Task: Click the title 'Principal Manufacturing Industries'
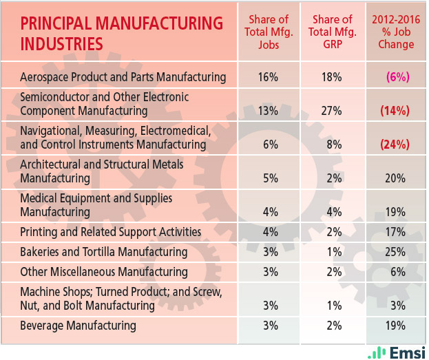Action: (x=122, y=33)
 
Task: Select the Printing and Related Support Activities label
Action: (x=111, y=231)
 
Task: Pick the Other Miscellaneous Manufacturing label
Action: (x=104, y=272)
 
